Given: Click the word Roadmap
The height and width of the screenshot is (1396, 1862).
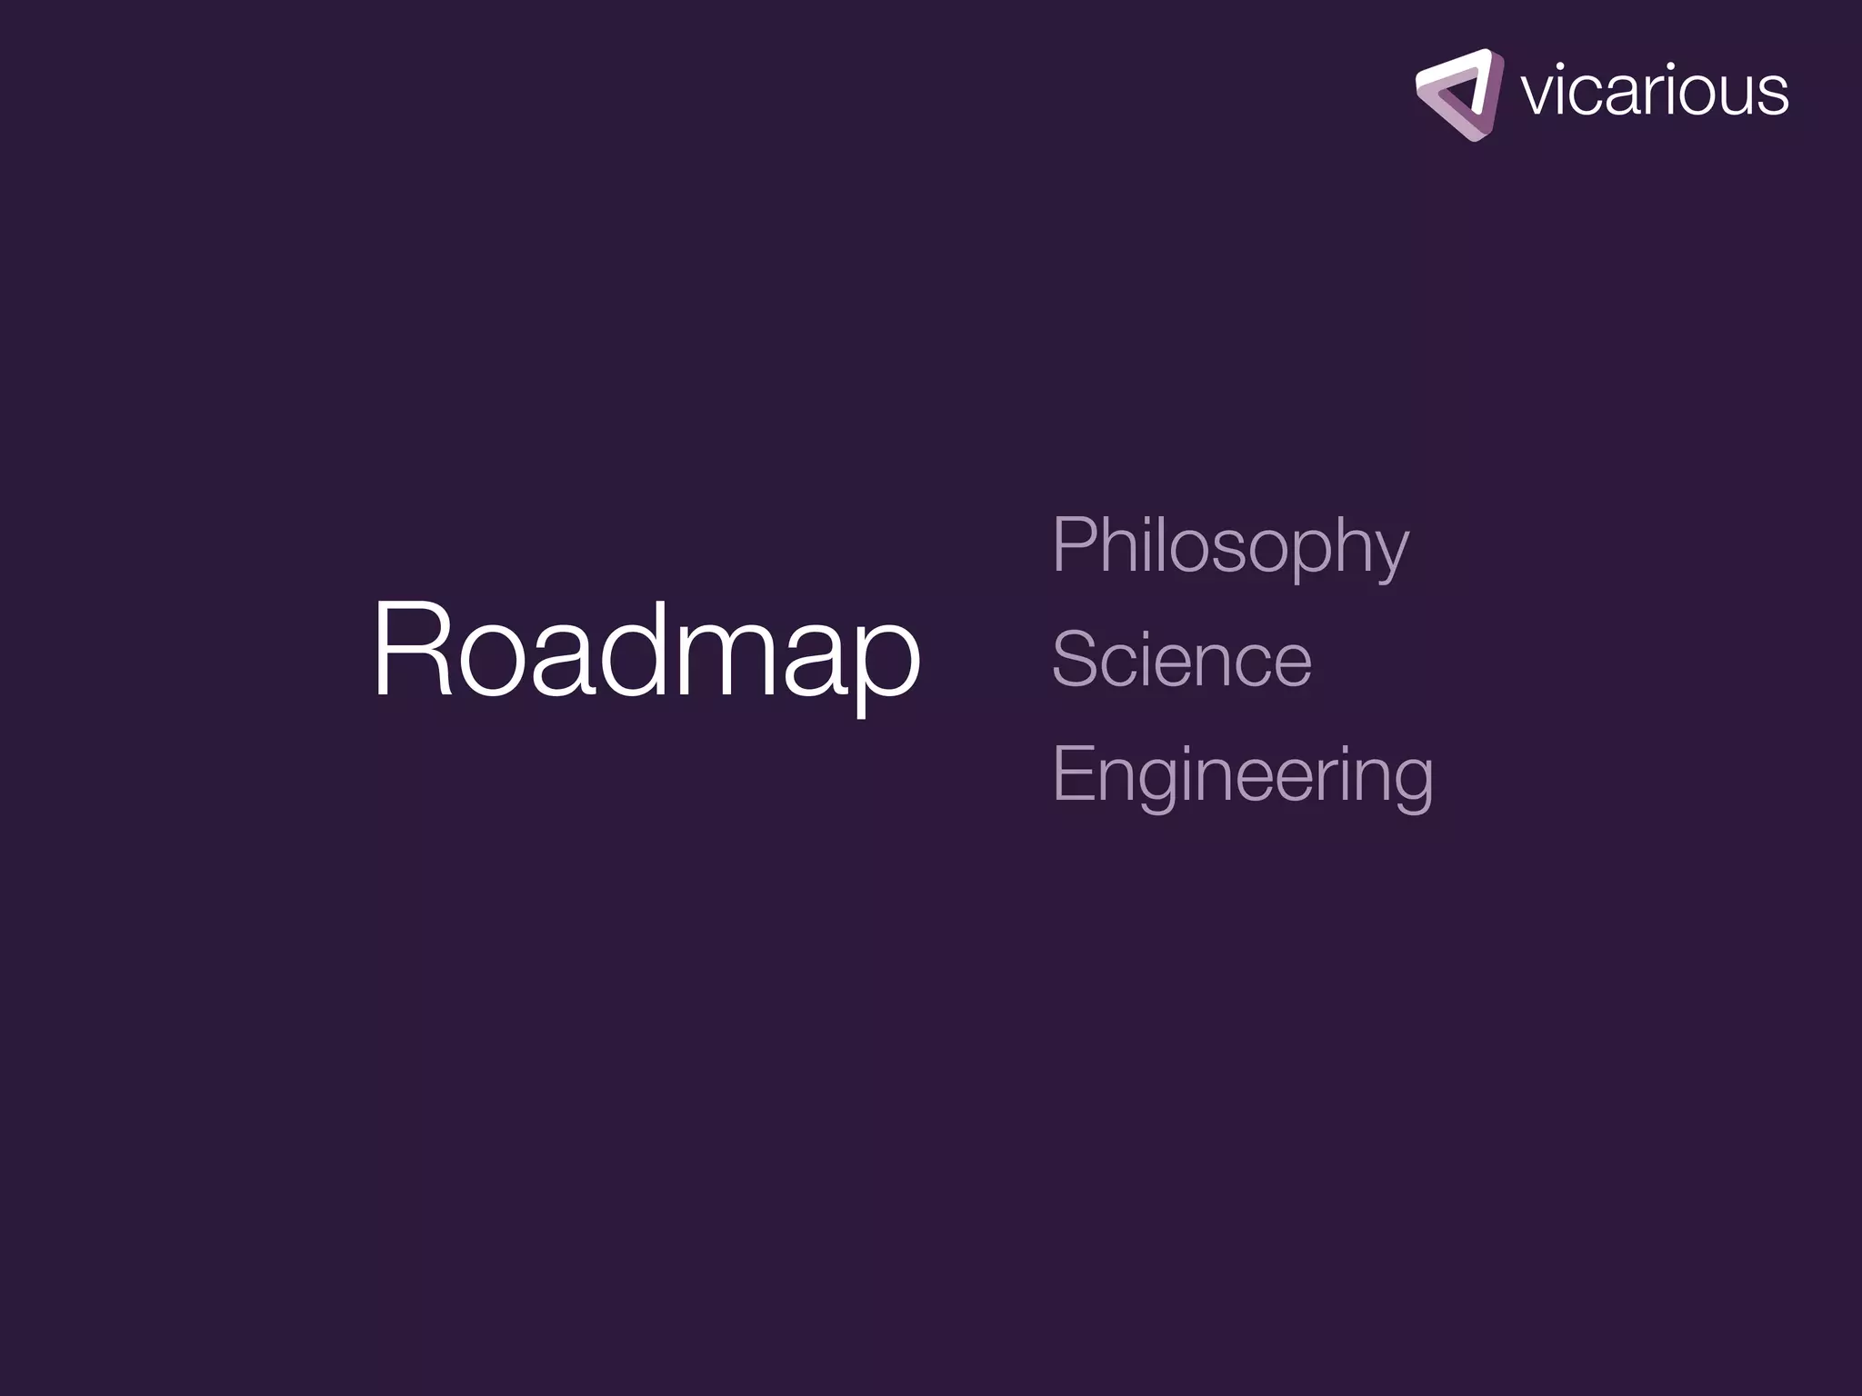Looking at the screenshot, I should pos(646,650).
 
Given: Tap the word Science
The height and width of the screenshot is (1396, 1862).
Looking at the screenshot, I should pos(1181,660).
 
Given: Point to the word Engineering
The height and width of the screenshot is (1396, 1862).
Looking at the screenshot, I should pos(1242,774).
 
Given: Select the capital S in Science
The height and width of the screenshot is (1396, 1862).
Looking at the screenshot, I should pos(1076,660).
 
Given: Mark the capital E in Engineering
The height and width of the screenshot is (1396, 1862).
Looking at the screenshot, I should pos(1074,773).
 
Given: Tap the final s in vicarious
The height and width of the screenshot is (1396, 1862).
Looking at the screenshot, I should pos(1772,96).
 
